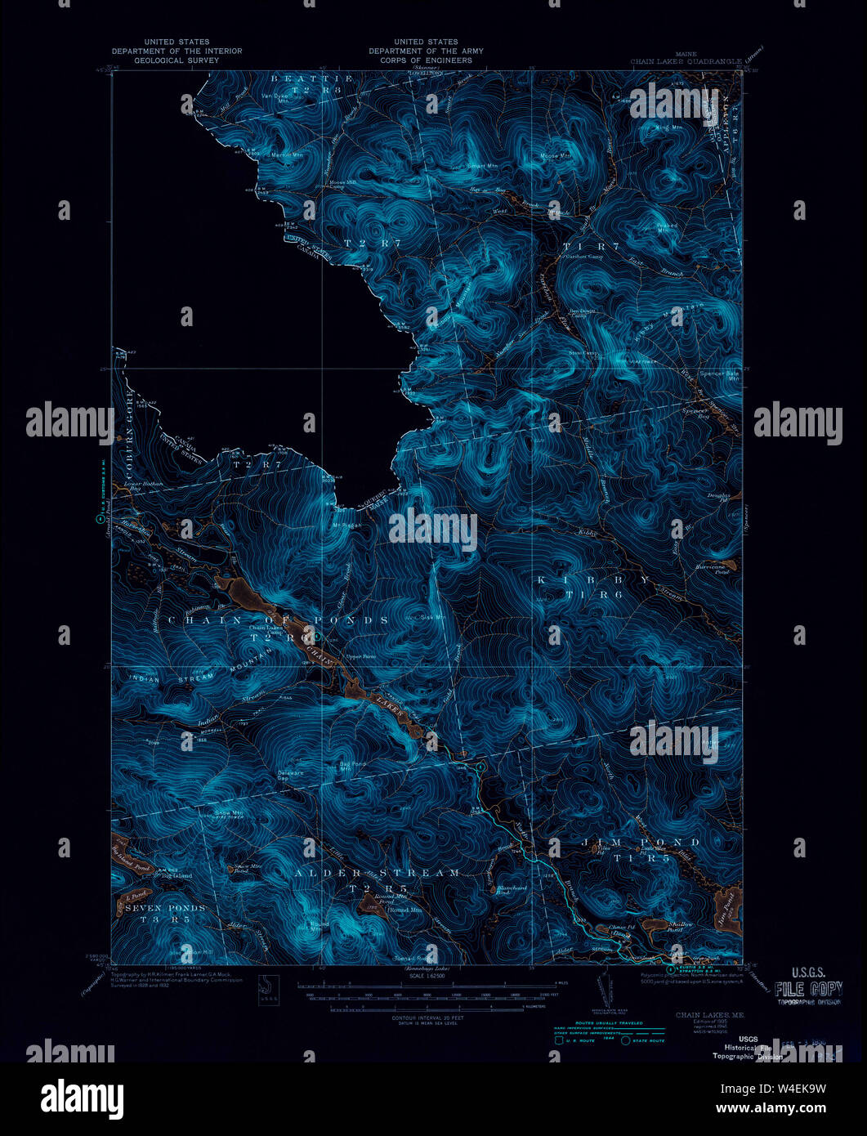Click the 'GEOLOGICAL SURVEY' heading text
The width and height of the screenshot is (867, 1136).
click(x=177, y=60)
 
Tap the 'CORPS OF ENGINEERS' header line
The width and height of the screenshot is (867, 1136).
click(x=425, y=60)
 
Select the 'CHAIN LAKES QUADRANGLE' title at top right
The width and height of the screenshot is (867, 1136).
click(x=686, y=60)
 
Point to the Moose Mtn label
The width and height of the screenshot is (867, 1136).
click(x=555, y=155)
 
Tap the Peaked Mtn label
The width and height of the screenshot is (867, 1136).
click(x=668, y=227)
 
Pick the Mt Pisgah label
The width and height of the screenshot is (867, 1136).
click(x=346, y=525)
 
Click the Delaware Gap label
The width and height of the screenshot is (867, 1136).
click(x=290, y=775)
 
